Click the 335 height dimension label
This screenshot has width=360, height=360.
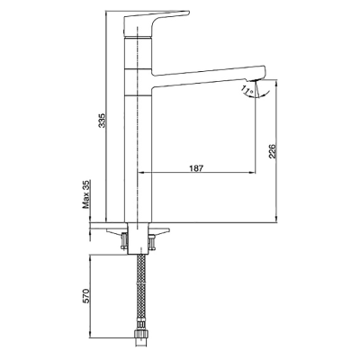click(x=103, y=121)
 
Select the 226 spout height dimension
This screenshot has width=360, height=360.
click(x=271, y=151)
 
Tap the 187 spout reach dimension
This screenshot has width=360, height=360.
click(x=196, y=168)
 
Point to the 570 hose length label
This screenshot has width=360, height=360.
click(x=85, y=296)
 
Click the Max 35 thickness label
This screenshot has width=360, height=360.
click(x=86, y=194)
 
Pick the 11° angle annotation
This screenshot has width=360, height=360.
click(x=247, y=89)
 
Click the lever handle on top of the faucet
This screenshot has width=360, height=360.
click(x=156, y=23)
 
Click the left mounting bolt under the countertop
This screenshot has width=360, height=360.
click(x=123, y=241)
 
